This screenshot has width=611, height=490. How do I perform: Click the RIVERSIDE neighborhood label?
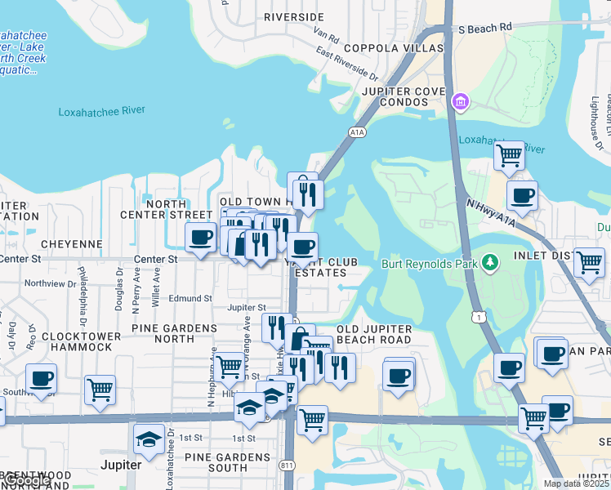[x=294, y=17]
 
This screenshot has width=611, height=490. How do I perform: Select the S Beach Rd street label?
[x=484, y=28]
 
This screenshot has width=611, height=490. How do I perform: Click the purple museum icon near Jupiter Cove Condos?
[x=461, y=102]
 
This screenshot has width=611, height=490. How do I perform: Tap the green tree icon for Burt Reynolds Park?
[x=489, y=262]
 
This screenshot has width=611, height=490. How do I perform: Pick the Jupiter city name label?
[x=121, y=465]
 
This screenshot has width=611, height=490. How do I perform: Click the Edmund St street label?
[x=190, y=299]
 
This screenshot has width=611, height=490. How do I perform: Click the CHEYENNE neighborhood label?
[x=72, y=244]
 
